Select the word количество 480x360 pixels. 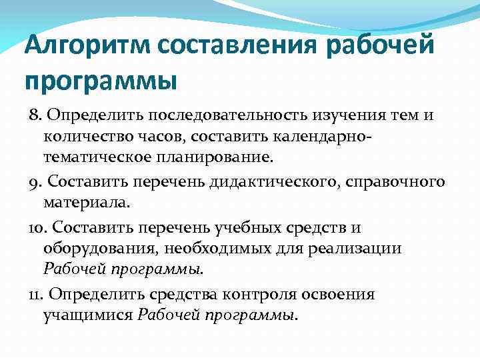point(86,137)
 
